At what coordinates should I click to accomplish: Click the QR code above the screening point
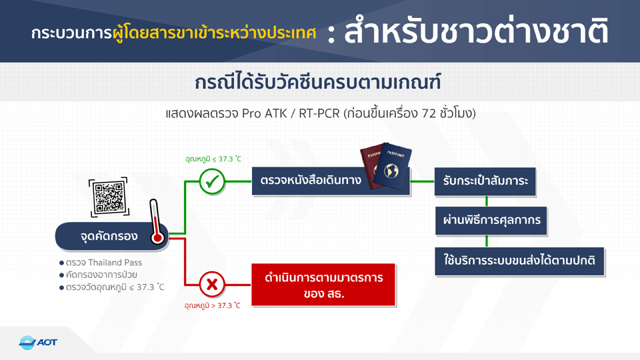[109, 197]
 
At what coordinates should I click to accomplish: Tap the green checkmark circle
[212, 181]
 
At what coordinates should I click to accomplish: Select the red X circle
[212, 284]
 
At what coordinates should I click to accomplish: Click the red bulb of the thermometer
[157, 237]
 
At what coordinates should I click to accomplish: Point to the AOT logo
[38, 342]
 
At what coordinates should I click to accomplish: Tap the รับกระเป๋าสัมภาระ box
[485, 181]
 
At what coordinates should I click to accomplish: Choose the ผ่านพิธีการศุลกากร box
[491, 221]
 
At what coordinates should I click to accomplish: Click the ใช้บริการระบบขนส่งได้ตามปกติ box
[519, 261]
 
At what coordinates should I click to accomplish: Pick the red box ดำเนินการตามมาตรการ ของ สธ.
[323, 285]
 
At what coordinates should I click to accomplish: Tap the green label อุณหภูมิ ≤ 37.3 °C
[213, 159]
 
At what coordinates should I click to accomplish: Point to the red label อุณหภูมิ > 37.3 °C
[212, 305]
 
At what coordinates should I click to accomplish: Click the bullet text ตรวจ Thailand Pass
[104, 263]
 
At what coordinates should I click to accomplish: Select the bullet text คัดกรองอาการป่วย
[101, 275]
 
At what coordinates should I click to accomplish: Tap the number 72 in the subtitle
[429, 113]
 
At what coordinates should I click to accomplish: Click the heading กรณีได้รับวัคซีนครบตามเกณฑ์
[317, 82]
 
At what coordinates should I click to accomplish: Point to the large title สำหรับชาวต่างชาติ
[476, 31]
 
